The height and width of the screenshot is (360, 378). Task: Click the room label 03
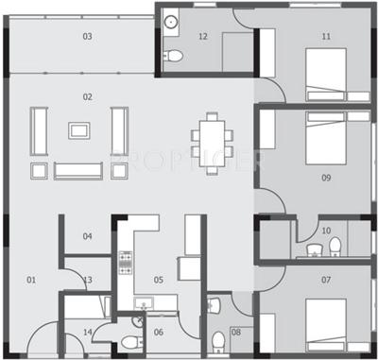coord(87,37)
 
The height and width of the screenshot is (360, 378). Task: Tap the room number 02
coord(87,96)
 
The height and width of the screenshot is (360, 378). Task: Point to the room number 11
coord(326,37)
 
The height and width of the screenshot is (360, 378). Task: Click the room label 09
coord(326,178)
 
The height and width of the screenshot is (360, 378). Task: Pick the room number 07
coord(326,281)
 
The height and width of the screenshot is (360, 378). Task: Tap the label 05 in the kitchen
coord(159,281)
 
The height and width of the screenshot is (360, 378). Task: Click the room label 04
coord(87,236)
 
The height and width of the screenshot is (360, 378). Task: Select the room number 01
coord(30,280)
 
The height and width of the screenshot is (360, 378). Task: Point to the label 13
coord(87,281)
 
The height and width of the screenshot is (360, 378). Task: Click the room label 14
coord(87,332)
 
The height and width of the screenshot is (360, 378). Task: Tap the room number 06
coord(159,332)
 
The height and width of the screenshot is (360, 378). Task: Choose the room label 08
coord(235,332)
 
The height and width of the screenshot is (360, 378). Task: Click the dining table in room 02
coord(210,136)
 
